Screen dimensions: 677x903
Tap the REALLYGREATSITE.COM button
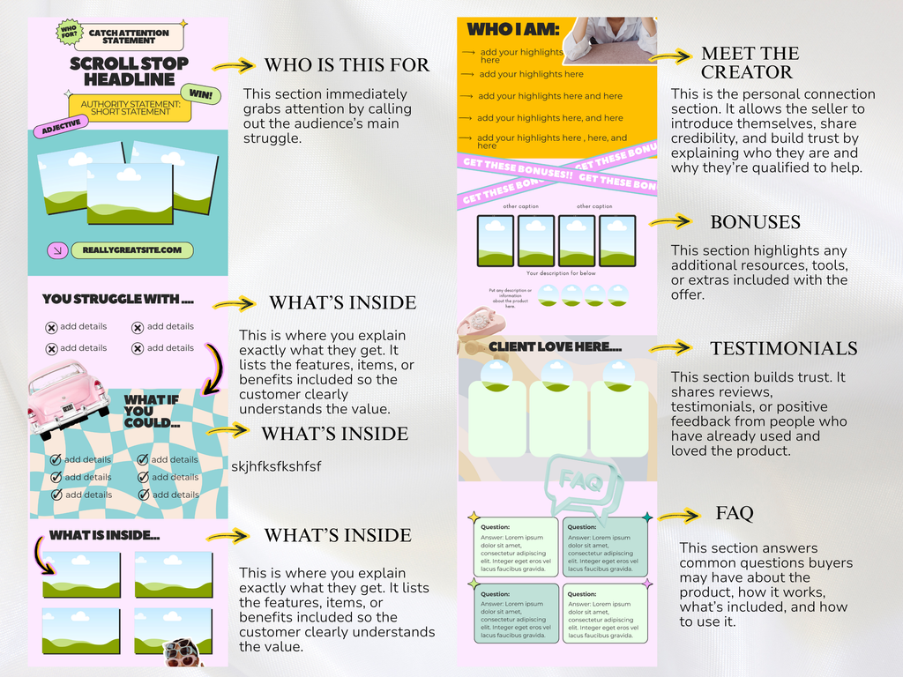click(x=132, y=250)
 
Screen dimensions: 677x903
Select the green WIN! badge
click(x=199, y=93)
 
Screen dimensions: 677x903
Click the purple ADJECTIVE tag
click(x=62, y=127)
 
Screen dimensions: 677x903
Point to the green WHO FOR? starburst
click(x=69, y=33)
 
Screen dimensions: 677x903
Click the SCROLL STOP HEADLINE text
click(x=129, y=71)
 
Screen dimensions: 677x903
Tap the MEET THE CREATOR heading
click(x=750, y=63)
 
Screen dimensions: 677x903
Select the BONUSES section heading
click(x=755, y=221)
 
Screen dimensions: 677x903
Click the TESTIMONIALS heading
click(x=783, y=348)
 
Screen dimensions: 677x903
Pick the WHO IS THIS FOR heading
click(x=347, y=64)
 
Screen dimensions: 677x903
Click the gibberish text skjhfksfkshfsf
click(x=276, y=466)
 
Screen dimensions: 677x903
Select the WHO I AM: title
click(x=512, y=30)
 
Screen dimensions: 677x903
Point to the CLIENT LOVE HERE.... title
click(x=549, y=346)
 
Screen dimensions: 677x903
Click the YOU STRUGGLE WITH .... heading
click(x=117, y=299)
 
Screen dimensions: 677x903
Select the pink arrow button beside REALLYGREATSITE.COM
click(x=56, y=250)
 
